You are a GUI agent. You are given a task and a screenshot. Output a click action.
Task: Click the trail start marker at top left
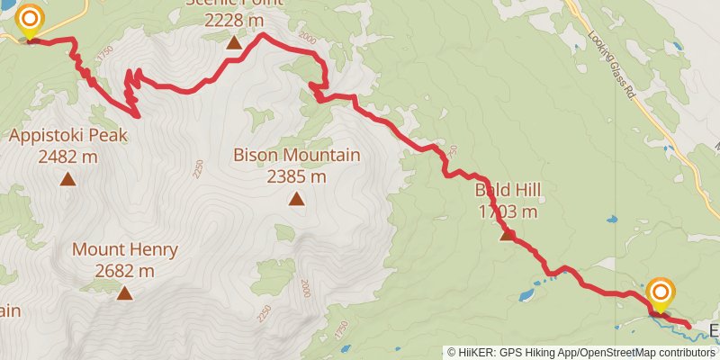[30, 21]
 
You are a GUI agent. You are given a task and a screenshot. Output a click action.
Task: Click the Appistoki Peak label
[68, 137]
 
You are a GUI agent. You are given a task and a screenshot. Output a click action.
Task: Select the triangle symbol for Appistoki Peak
[67, 179]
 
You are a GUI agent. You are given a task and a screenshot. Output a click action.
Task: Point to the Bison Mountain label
[296, 156]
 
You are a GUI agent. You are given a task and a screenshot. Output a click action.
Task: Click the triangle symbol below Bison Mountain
[296, 198]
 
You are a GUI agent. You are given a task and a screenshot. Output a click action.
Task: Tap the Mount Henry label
[125, 250]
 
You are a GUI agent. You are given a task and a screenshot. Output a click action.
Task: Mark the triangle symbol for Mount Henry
[124, 292]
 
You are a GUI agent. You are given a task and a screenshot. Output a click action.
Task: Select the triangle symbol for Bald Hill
[508, 235]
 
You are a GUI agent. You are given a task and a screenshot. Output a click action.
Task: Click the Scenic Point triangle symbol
[234, 42]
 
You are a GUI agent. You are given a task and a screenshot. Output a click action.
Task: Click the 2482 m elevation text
[68, 157]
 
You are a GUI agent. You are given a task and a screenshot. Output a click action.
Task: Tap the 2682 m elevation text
[125, 270]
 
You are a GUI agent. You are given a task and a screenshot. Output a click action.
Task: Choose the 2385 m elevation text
[296, 175]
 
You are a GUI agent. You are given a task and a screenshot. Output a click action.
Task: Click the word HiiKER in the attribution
[477, 353]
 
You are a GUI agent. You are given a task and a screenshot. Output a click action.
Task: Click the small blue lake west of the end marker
[527, 293]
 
